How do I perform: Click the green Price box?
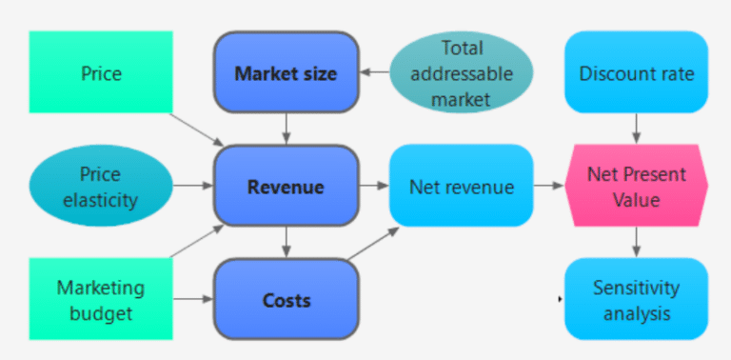(101, 72)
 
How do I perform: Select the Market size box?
(286, 73)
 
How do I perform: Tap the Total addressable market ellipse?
(462, 73)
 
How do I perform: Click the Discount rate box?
(636, 73)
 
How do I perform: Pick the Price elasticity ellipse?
(101, 187)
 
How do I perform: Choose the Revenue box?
(286, 187)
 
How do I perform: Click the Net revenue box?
(461, 187)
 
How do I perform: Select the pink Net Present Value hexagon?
(636, 187)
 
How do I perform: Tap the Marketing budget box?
(101, 299)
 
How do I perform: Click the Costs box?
(286, 300)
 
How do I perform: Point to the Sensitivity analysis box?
(636, 299)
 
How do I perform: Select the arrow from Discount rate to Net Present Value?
(636, 130)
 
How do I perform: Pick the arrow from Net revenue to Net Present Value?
(548, 187)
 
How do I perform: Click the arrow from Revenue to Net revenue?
(374, 187)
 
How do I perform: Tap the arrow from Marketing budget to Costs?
(193, 300)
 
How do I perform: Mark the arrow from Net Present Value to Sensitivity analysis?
(636, 243)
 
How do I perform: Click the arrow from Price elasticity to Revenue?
(193, 187)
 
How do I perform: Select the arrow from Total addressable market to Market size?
(375, 73)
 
